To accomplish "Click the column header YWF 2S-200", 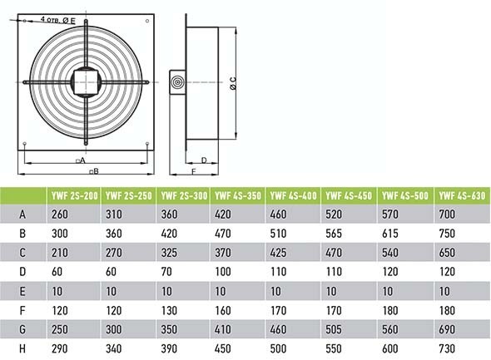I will [x=75, y=196].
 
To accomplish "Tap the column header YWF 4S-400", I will [x=293, y=196].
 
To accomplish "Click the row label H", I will [x=22, y=348].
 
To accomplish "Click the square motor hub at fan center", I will [x=87, y=83].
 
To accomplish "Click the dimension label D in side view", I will [x=204, y=160].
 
